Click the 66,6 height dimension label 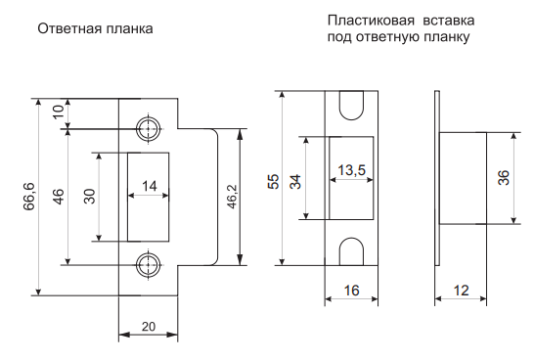(x=29, y=197)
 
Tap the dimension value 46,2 (x=232, y=197)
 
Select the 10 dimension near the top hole (x=59, y=112)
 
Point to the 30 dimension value (x=90, y=196)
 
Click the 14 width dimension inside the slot (x=150, y=186)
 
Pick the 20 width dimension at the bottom (x=149, y=327)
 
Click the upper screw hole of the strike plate (x=149, y=129)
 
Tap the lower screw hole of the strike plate (x=149, y=265)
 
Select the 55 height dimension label (x=274, y=182)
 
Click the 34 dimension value (x=295, y=182)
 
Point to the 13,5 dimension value (x=351, y=170)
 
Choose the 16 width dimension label (x=351, y=291)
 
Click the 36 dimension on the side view (x=504, y=177)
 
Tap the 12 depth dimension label (x=461, y=291)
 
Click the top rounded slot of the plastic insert (x=351, y=106)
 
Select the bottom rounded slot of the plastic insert (x=351, y=251)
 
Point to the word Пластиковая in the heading (x=372, y=21)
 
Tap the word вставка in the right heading (x=449, y=21)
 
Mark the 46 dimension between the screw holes (x=59, y=197)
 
